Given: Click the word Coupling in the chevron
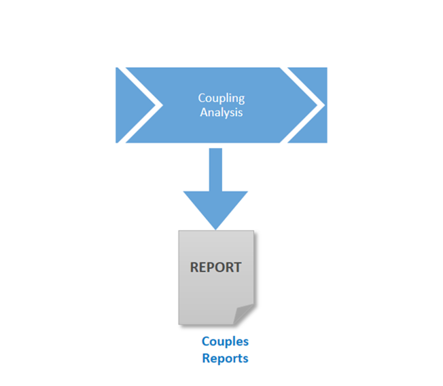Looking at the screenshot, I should tap(221, 99).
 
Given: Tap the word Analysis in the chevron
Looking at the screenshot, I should tap(221, 112).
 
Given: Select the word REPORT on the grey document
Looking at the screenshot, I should tap(215, 267).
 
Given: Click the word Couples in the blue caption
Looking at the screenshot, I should tap(225, 341).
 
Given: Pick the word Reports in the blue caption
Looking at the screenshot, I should tap(225, 358).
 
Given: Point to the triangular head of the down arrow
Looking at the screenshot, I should tap(215, 207).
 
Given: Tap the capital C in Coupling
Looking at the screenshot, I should tap(201, 99).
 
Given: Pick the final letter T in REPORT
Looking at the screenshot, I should tap(237, 267).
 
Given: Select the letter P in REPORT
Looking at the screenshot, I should tap(210, 267).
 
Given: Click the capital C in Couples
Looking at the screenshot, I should tap(205, 341).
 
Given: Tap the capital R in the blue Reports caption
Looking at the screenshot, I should tap(206, 358).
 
